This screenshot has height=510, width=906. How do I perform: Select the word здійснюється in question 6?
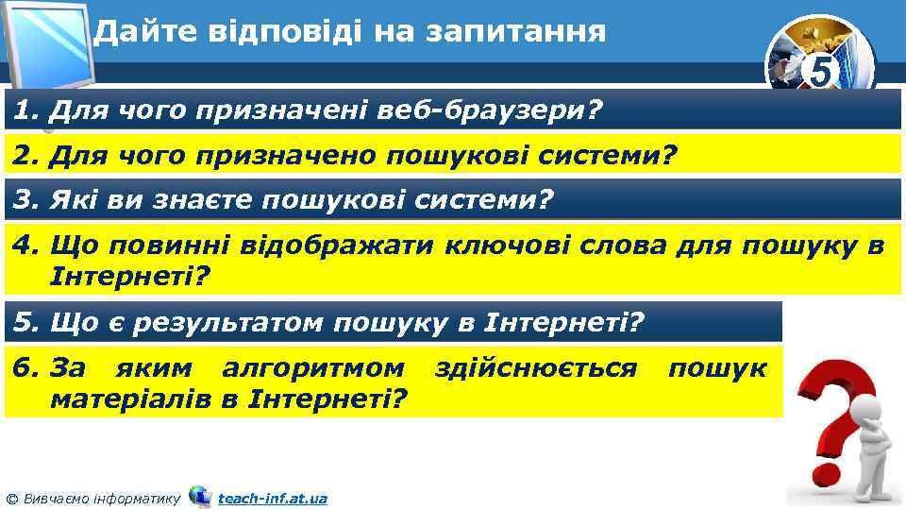pos(535,367)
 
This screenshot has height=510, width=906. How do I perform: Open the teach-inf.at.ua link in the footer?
pos(272,498)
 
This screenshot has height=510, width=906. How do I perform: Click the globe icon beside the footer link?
pos(200,496)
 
